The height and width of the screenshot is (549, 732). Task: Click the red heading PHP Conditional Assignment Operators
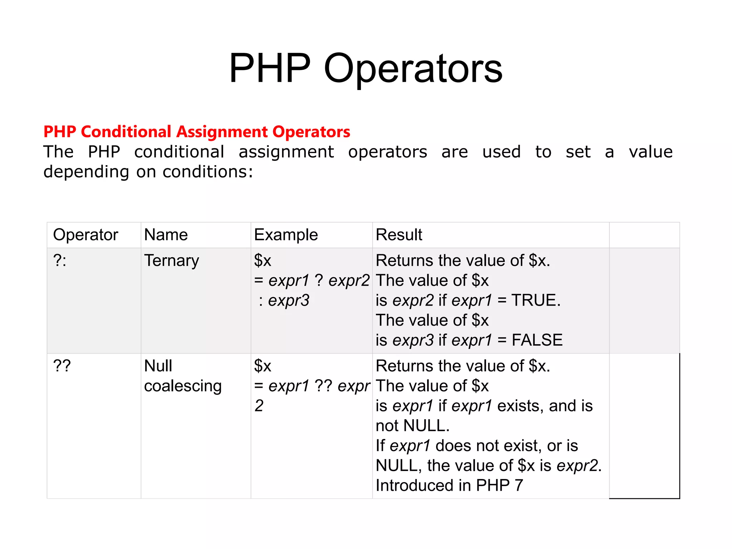pos(197,132)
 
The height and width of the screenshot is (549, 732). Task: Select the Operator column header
pos(85,235)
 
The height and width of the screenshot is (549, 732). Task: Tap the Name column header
pos(166,235)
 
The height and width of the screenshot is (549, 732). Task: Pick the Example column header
pos(286,235)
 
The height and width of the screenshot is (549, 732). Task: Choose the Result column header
pos(399,235)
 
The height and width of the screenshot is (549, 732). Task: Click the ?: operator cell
pos(60,261)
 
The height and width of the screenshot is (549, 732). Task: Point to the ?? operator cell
pos(62,366)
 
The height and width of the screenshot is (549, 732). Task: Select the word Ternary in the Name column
pos(172,261)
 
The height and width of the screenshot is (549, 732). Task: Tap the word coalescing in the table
pos(183,386)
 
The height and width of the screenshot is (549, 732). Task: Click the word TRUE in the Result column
pos(534,300)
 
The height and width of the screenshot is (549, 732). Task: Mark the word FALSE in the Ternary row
pos(537,340)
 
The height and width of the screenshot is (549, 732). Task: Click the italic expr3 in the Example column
pos(288,300)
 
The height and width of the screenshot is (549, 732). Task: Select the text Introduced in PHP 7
pos(449,485)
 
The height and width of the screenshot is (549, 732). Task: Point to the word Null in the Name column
pos(158,366)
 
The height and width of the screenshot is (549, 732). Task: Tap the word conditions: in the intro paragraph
pos(208,172)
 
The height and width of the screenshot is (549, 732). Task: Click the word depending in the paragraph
pos(86,172)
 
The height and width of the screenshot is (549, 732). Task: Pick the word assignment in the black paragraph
pos(286,152)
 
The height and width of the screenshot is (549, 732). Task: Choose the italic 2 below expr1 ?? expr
pos(259,406)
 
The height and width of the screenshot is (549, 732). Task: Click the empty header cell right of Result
pos(644,235)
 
